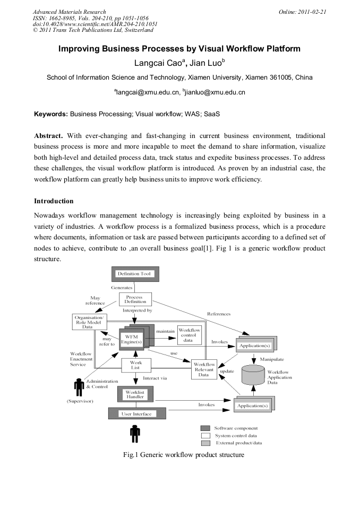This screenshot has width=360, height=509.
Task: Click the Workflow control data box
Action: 189,335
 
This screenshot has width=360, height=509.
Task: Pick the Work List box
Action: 135,365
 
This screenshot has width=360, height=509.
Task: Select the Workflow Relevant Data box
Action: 204,369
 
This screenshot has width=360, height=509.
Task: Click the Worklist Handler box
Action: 134,394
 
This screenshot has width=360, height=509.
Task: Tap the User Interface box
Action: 136,413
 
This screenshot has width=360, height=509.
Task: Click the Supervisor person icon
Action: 79,387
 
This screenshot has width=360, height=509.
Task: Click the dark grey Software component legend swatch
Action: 205,428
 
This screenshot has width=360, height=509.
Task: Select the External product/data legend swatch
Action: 205,443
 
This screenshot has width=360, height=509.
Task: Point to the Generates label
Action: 122,287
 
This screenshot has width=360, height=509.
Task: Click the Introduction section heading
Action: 54,201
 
